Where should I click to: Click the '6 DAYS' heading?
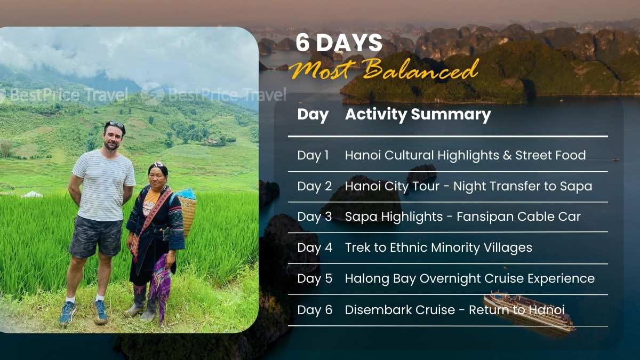[x=339, y=43]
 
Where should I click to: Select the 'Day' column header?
[x=313, y=115]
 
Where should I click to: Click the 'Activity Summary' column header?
[x=418, y=115]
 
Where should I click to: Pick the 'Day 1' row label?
[x=313, y=155]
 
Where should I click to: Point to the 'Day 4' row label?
[x=314, y=247]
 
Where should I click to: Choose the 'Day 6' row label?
[x=314, y=310]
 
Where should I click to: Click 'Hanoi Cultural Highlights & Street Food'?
[x=465, y=155]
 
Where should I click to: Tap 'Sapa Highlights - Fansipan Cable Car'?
[x=462, y=217]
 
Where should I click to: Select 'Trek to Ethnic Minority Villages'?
[x=438, y=247]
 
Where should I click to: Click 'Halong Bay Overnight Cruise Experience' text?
[x=469, y=278]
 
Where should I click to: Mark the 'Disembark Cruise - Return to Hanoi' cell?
[x=454, y=310]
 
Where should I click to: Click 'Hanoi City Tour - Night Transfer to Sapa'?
[x=468, y=186]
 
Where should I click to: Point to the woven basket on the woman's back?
[x=187, y=211]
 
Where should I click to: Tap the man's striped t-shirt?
[x=103, y=185]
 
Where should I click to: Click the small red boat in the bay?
[x=615, y=159]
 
